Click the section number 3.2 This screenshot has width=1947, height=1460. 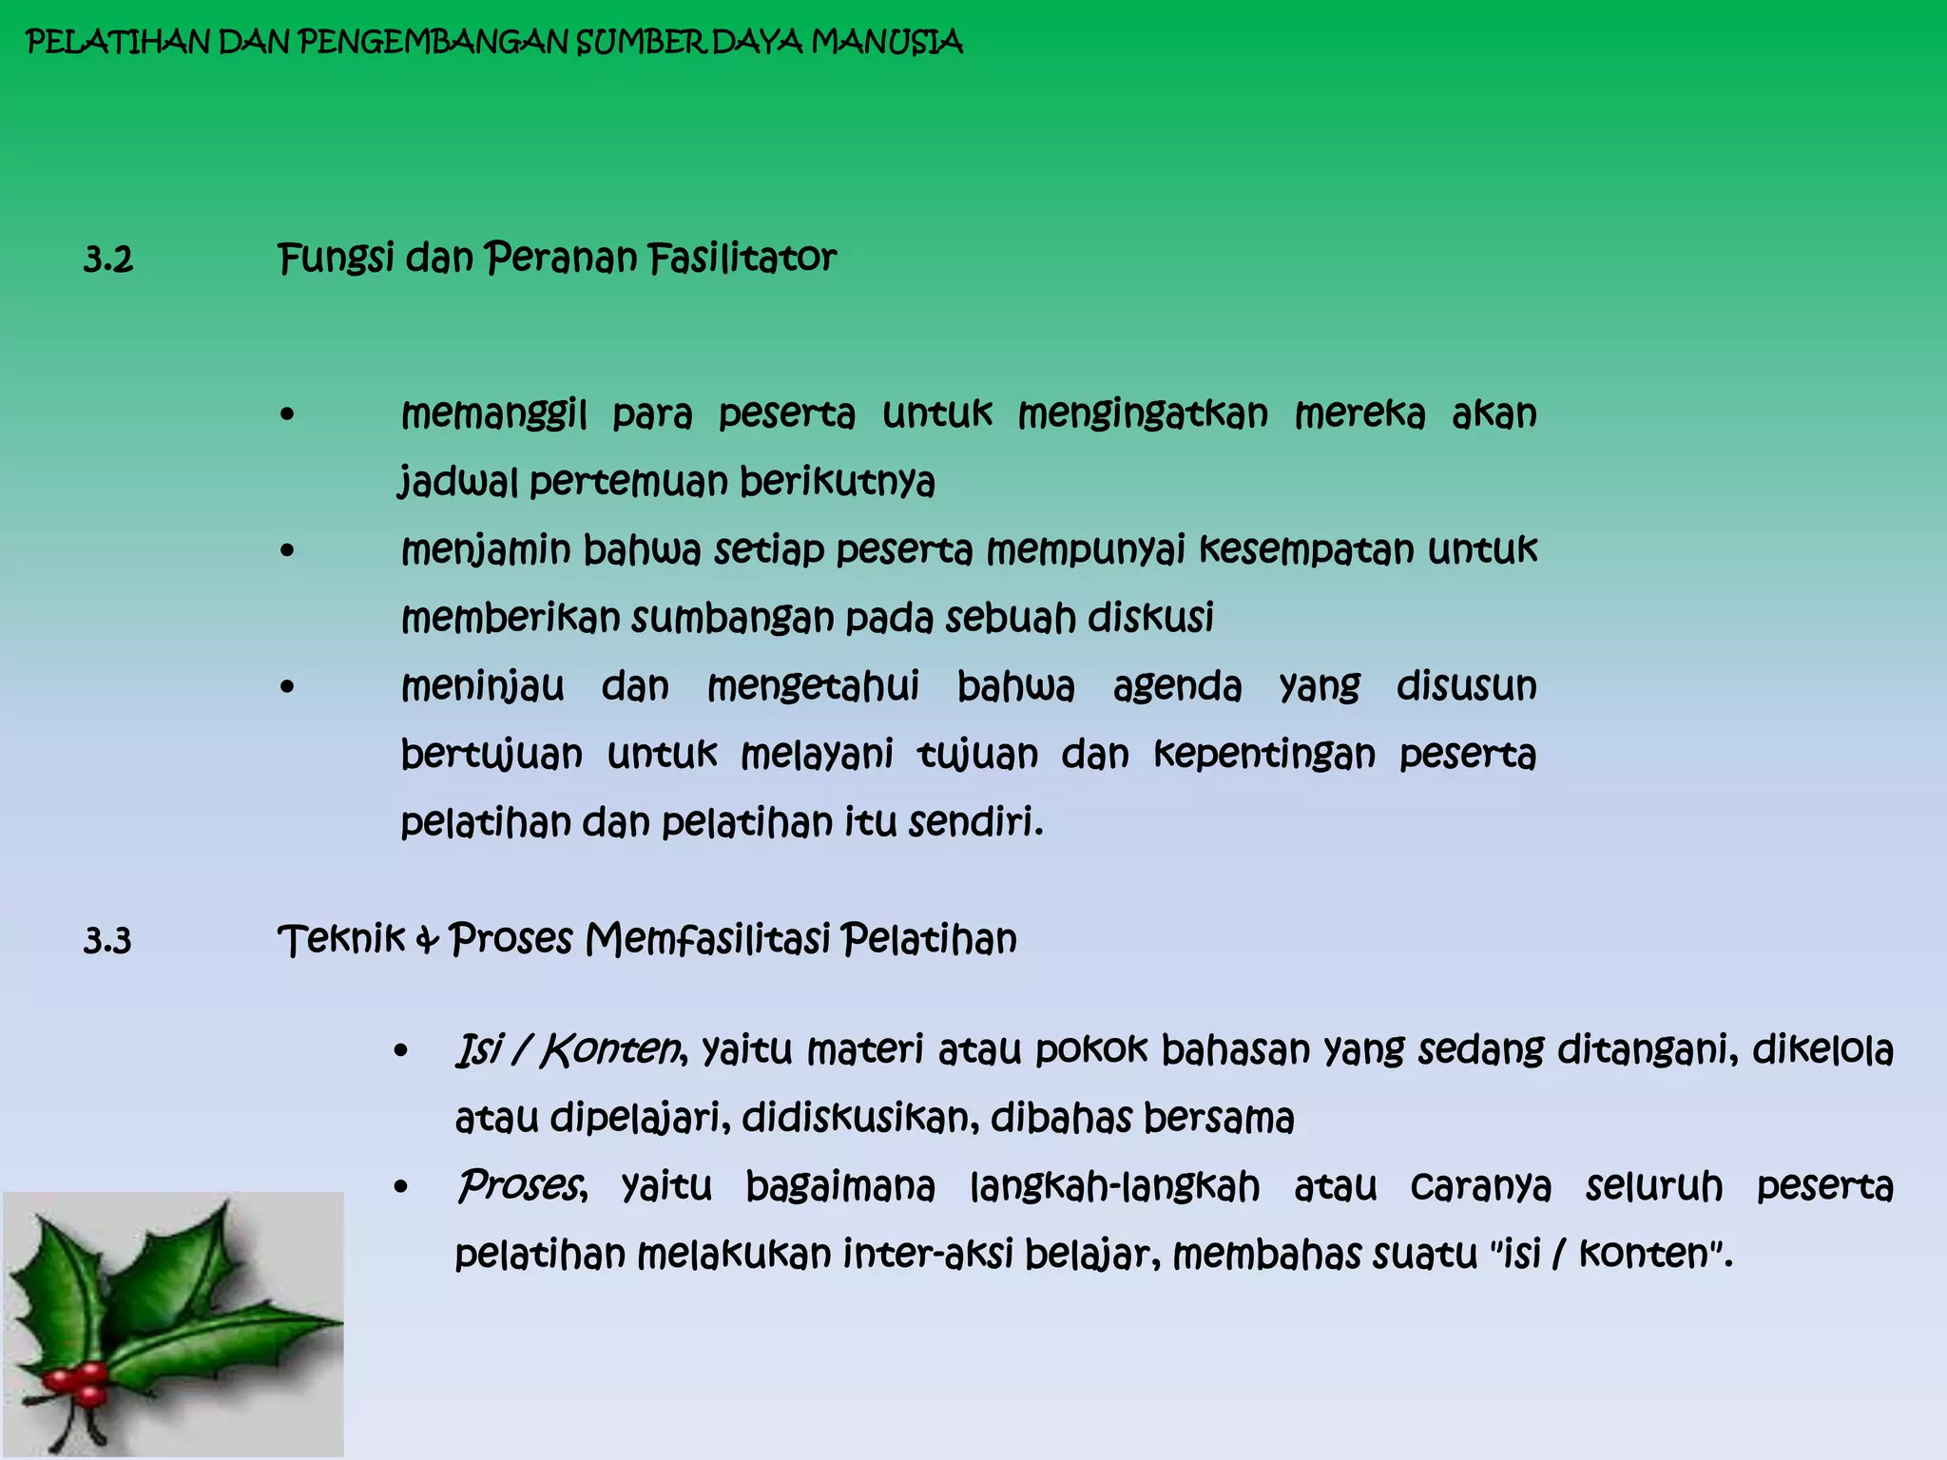point(108,259)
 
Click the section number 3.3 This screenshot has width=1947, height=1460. point(107,941)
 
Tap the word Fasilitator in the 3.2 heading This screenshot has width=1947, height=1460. point(742,258)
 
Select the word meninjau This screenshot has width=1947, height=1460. point(483,686)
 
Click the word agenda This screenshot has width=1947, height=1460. point(1177,687)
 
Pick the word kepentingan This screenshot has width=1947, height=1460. point(1264,755)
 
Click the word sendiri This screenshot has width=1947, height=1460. point(975,822)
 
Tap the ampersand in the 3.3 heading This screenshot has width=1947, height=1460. point(428,940)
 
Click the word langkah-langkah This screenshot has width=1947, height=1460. point(1115,1187)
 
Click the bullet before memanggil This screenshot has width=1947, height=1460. point(288,415)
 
